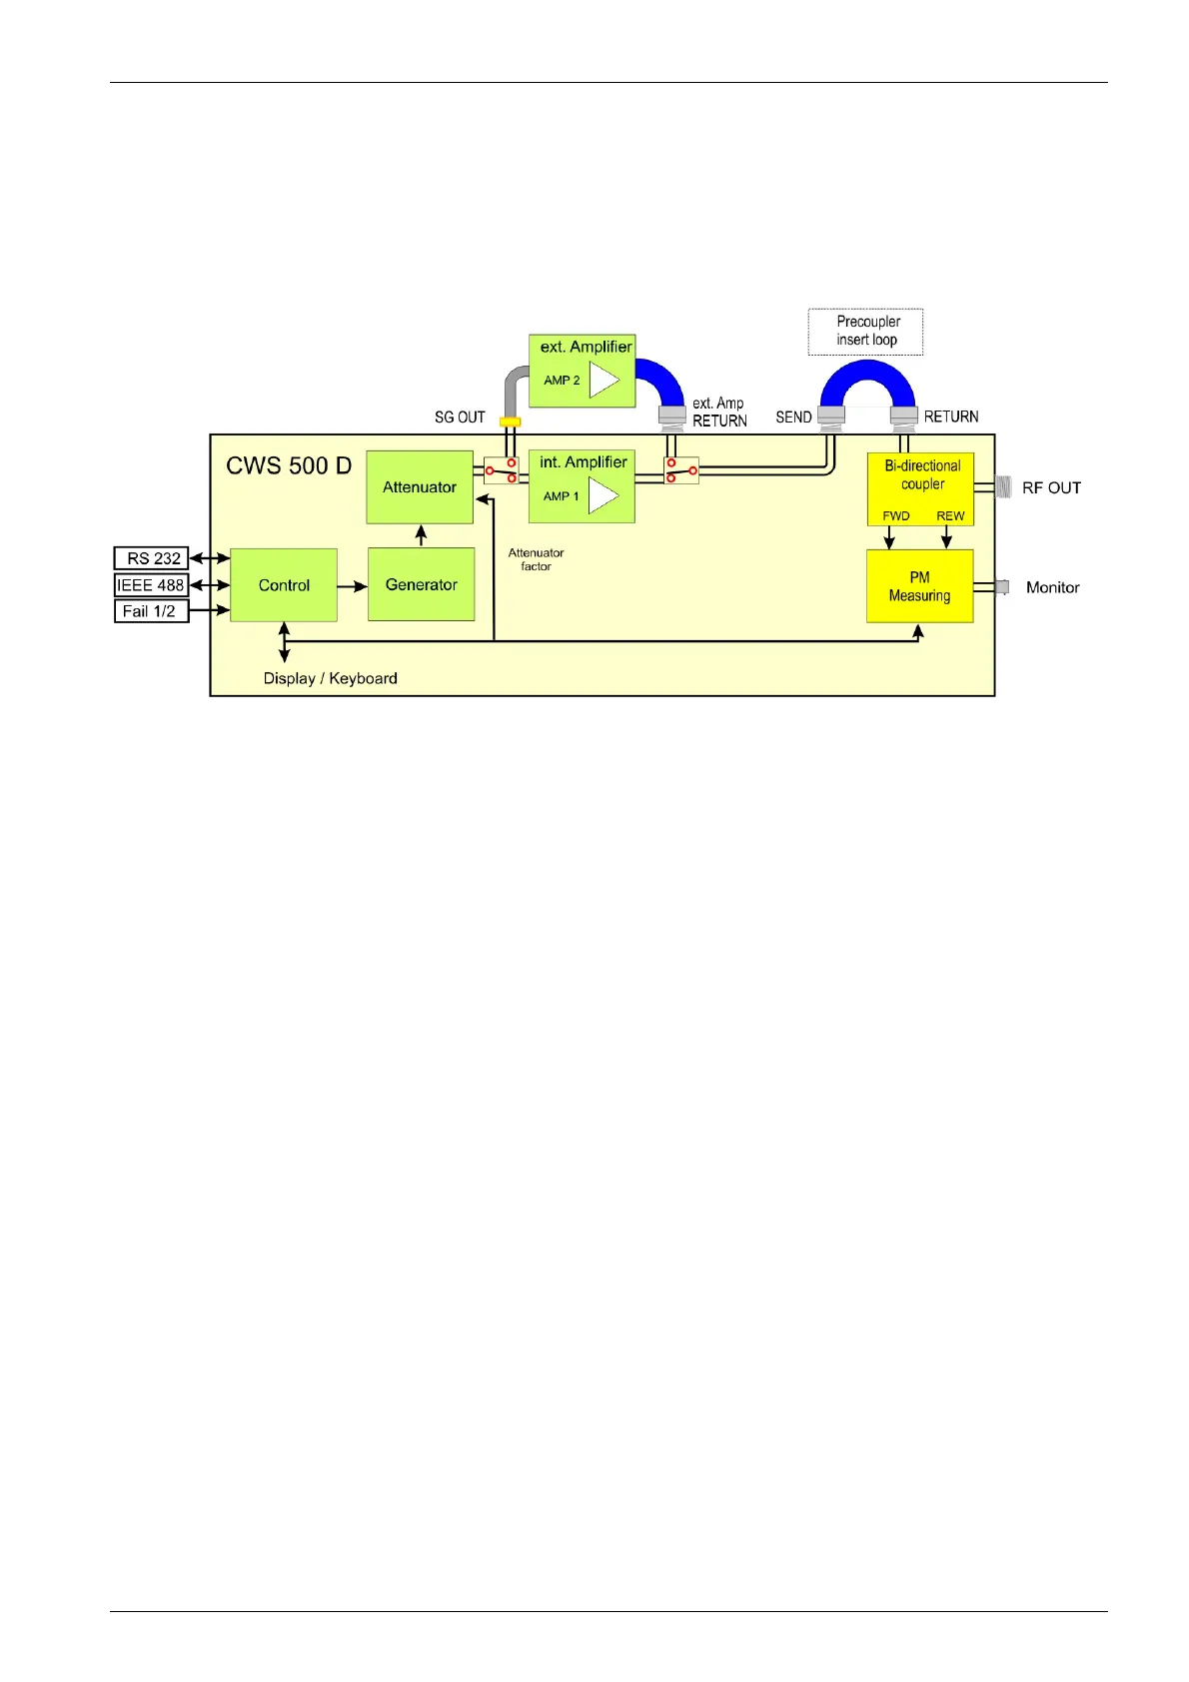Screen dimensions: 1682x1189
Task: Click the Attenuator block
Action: [420, 487]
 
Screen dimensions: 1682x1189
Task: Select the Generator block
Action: [421, 584]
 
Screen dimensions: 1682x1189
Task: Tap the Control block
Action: [284, 585]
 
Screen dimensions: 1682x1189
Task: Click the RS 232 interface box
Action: [152, 558]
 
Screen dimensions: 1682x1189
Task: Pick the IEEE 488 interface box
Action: [151, 584]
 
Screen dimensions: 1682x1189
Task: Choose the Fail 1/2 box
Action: [151, 610]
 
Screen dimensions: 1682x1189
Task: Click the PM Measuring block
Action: [919, 586]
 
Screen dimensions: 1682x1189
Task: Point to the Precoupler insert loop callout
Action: [866, 332]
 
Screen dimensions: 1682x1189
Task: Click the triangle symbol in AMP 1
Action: [602, 495]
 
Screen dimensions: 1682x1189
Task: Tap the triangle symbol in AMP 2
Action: [603, 380]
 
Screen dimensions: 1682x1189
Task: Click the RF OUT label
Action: [1051, 488]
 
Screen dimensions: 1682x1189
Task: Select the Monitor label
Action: [1052, 587]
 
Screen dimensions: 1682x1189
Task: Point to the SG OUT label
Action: [460, 418]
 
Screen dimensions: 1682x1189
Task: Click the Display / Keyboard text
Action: [330, 678]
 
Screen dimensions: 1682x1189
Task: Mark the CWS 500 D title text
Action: [289, 466]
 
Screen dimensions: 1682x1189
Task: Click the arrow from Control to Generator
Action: [352, 586]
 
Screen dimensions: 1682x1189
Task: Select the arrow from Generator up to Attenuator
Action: [421, 535]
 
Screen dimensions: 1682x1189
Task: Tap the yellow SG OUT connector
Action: [510, 421]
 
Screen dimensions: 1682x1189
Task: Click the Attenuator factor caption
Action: [536, 559]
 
